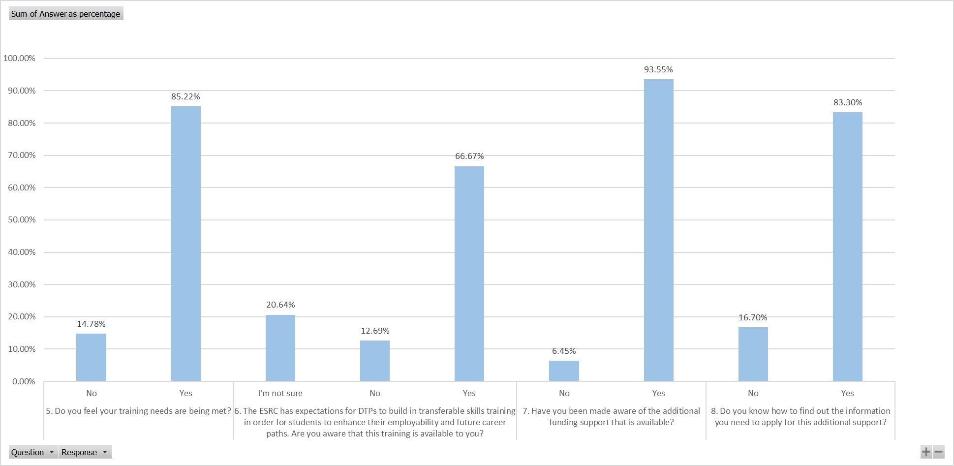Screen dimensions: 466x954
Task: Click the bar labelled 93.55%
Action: (x=658, y=230)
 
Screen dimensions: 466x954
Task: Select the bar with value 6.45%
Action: (x=564, y=371)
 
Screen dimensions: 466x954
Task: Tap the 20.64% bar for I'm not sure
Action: (x=280, y=348)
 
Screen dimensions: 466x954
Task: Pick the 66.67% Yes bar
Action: (x=469, y=274)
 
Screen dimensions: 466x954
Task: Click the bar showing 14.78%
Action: (x=91, y=357)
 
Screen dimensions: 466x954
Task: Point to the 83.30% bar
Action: (x=847, y=247)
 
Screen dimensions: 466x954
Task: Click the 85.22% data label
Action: (x=185, y=96)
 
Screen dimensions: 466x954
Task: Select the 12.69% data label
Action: (x=375, y=331)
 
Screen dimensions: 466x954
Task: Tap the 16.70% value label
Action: (x=753, y=317)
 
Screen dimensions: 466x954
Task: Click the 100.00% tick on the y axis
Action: (x=20, y=58)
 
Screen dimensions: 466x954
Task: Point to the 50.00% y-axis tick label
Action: (x=22, y=219)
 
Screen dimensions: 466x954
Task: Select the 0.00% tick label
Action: (x=24, y=381)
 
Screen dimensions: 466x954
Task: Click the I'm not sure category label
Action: (x=280, y=393)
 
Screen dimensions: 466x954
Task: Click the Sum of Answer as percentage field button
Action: (x=66, y=14)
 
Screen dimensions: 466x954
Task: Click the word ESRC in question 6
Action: (x=269, y=411)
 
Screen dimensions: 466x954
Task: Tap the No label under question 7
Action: (x=564, y=393)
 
